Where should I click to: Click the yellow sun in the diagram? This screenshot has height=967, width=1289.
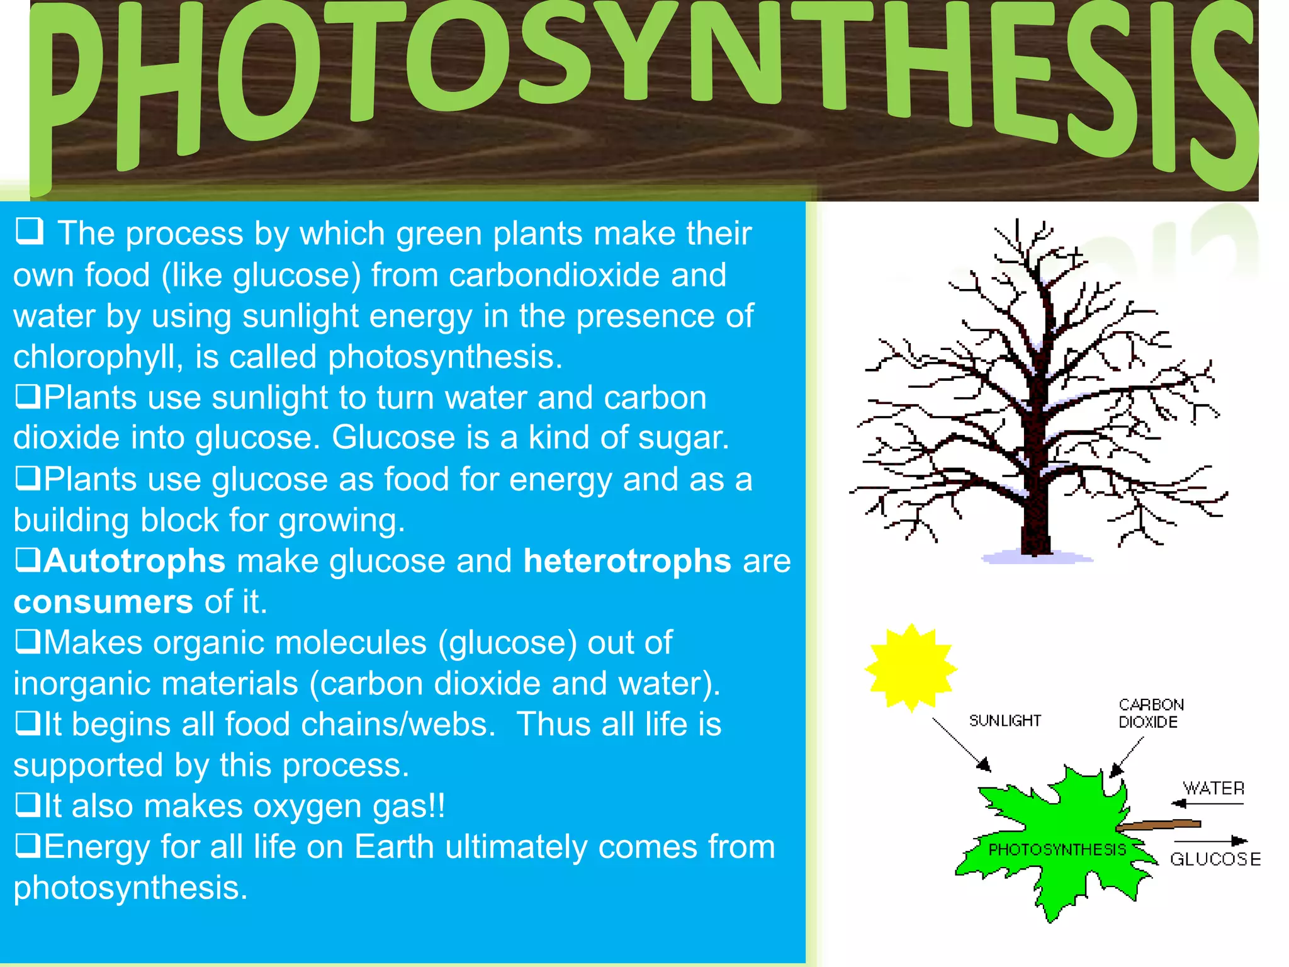coord(911,668)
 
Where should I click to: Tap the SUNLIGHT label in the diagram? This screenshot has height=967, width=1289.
coord(1005,721)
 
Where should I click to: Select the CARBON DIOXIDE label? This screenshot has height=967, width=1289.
coord(1151,713)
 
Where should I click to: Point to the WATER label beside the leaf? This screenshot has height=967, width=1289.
coord(1213,788)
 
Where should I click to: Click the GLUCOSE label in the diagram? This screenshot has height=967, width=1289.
coord(1215,859)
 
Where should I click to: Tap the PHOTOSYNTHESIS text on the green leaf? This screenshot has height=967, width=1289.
coord(1057,850)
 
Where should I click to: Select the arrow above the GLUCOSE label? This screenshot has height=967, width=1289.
coord(1210,840)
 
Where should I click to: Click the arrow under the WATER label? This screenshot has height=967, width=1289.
coord(1207,803)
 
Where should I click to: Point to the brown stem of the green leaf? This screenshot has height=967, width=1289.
coord(1161,824)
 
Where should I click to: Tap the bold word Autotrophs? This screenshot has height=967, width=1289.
coord(135,561)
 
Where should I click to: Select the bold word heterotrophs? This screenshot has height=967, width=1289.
coord(627,561)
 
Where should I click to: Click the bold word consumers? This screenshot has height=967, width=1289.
coord(103,602)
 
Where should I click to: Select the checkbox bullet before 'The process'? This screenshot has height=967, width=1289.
coord(30,231)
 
